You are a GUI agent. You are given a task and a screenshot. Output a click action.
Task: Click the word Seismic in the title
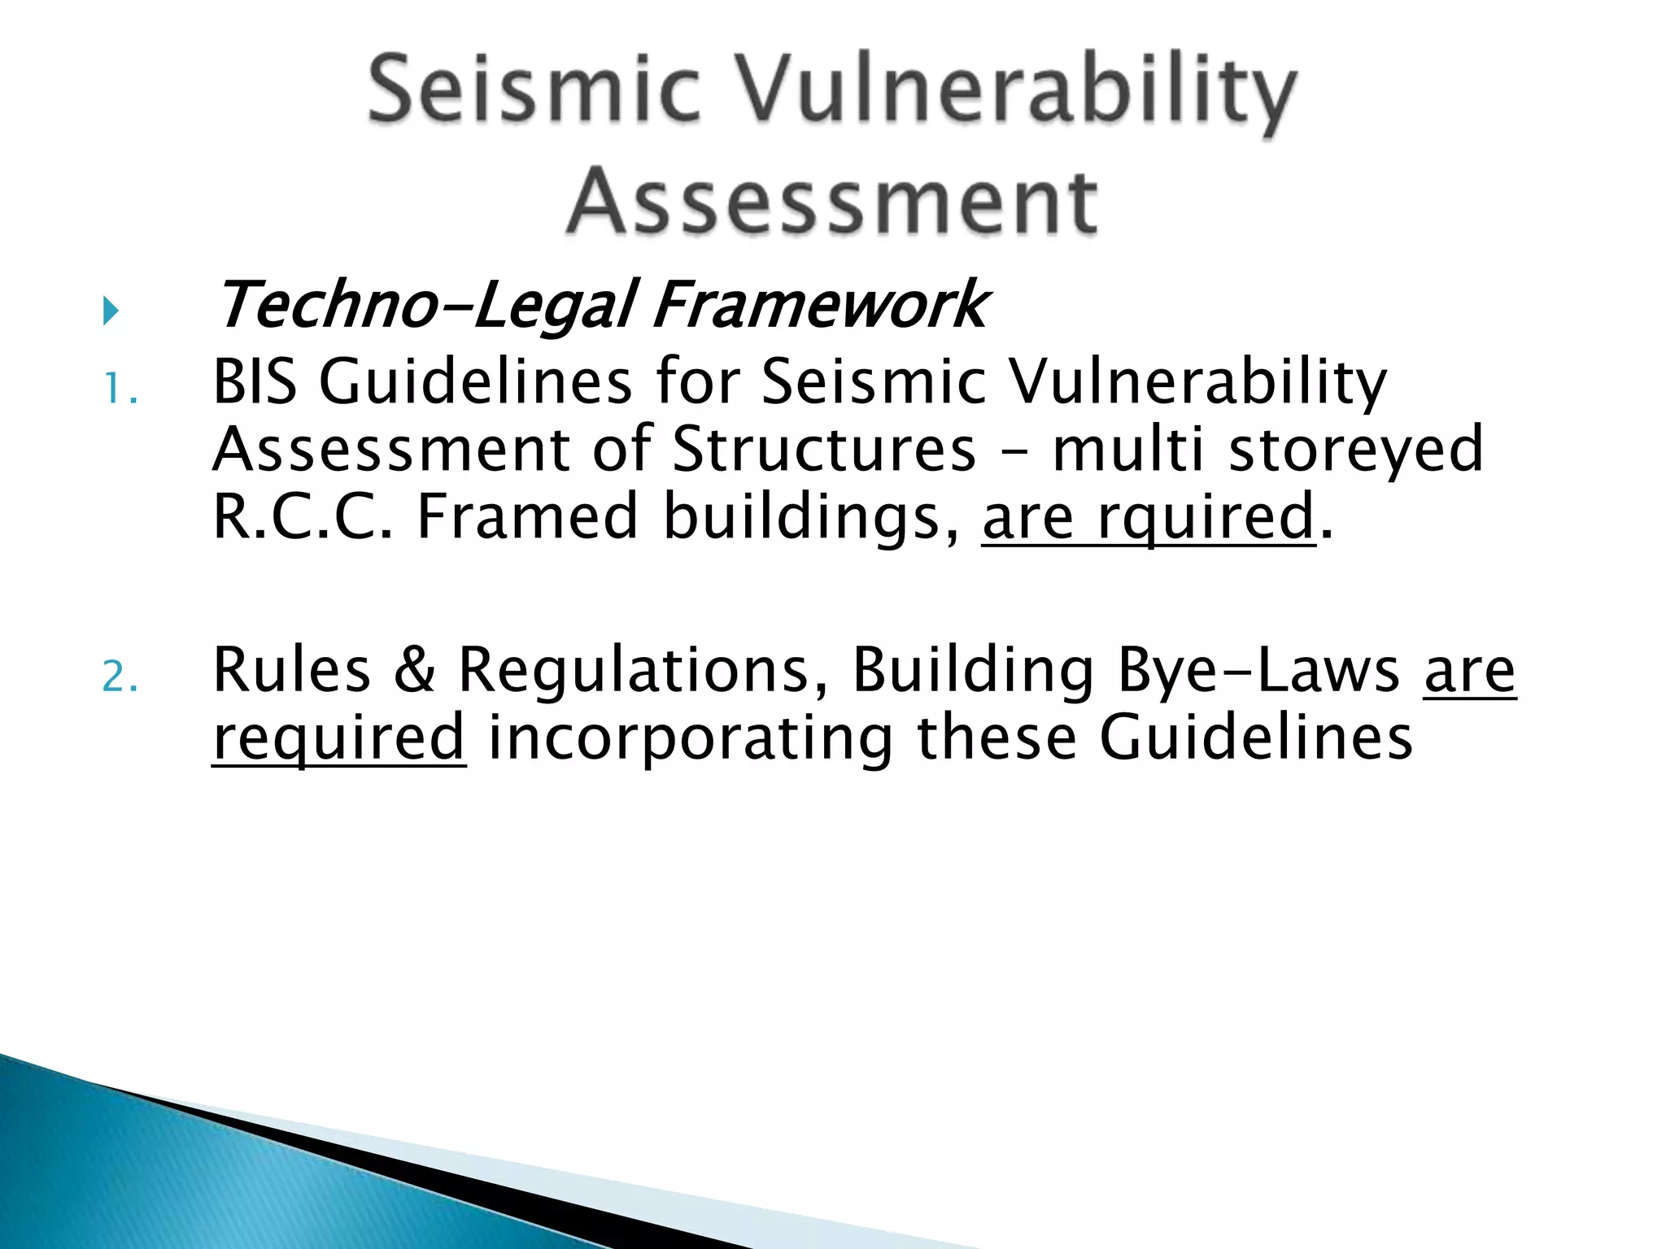click(533, 89)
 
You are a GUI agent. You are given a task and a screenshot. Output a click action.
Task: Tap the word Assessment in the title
click(832, 202)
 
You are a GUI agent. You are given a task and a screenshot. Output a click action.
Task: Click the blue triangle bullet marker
click(111, 311)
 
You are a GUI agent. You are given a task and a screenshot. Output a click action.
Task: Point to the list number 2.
click(120, 677)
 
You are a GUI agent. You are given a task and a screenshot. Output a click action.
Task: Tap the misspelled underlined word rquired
click(1206, 516)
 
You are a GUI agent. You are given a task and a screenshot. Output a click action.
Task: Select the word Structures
click(823, 449)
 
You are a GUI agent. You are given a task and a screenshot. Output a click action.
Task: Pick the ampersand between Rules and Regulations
click(414, 669)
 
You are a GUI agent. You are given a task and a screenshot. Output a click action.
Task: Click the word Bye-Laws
click(1258, 669)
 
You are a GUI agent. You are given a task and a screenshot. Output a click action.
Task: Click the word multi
click(1127, 449)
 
